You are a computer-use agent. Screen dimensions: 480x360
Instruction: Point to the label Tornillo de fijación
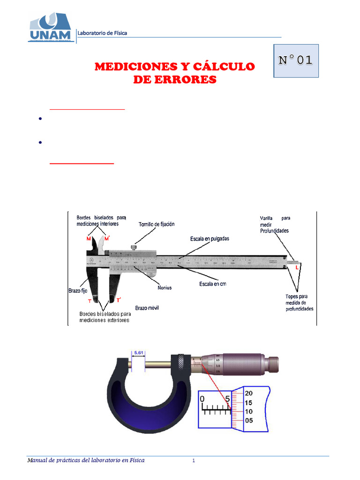point(157,224)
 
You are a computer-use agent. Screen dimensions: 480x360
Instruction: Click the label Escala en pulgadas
point(210,239)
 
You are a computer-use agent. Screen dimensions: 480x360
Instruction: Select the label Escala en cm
point(209,284)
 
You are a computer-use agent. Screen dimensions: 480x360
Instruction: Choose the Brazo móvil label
point(148,308)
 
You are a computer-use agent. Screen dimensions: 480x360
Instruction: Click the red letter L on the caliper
point(297,266)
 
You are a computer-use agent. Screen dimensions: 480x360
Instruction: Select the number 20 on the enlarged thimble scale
point(249,393)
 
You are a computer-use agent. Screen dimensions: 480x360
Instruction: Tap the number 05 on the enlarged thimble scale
point(249,420)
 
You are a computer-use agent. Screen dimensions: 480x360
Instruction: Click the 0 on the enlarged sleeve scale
point(202,399)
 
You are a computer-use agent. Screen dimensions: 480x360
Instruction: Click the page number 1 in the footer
point(194,461)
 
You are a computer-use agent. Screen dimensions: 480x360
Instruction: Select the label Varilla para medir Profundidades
point(275,224)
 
